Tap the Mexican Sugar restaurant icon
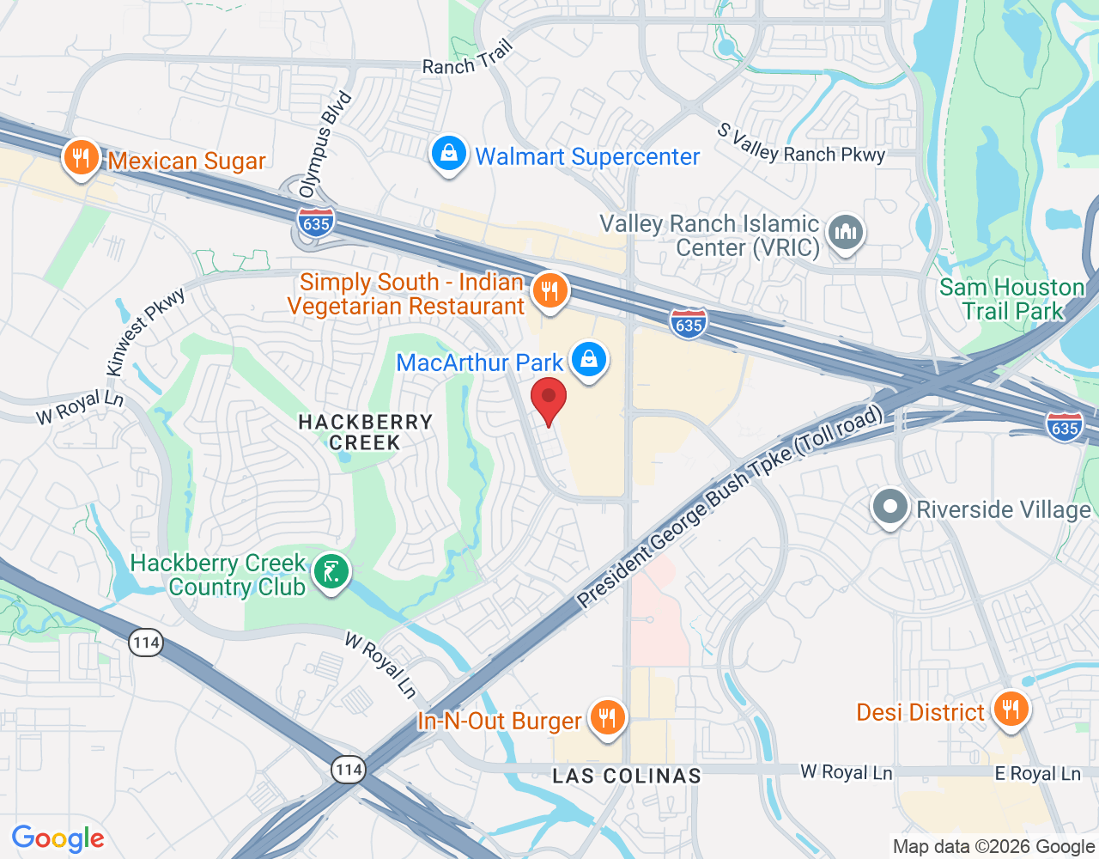coord(81,158)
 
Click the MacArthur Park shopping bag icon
coord(589,359)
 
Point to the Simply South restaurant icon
coord(549,291)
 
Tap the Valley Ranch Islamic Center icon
coord(846,232)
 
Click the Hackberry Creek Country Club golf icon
coord(331,572)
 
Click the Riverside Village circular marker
coord(890,507)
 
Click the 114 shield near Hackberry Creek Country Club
coord(147,642)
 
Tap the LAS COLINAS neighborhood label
coord(627,776)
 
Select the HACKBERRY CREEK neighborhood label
coord(365,432)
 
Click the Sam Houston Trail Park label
coord(1011,299)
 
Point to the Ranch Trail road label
coord(467,58)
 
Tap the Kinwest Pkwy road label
coord(145,333)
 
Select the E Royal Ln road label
coord(1037,773)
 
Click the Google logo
coord(58,838)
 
